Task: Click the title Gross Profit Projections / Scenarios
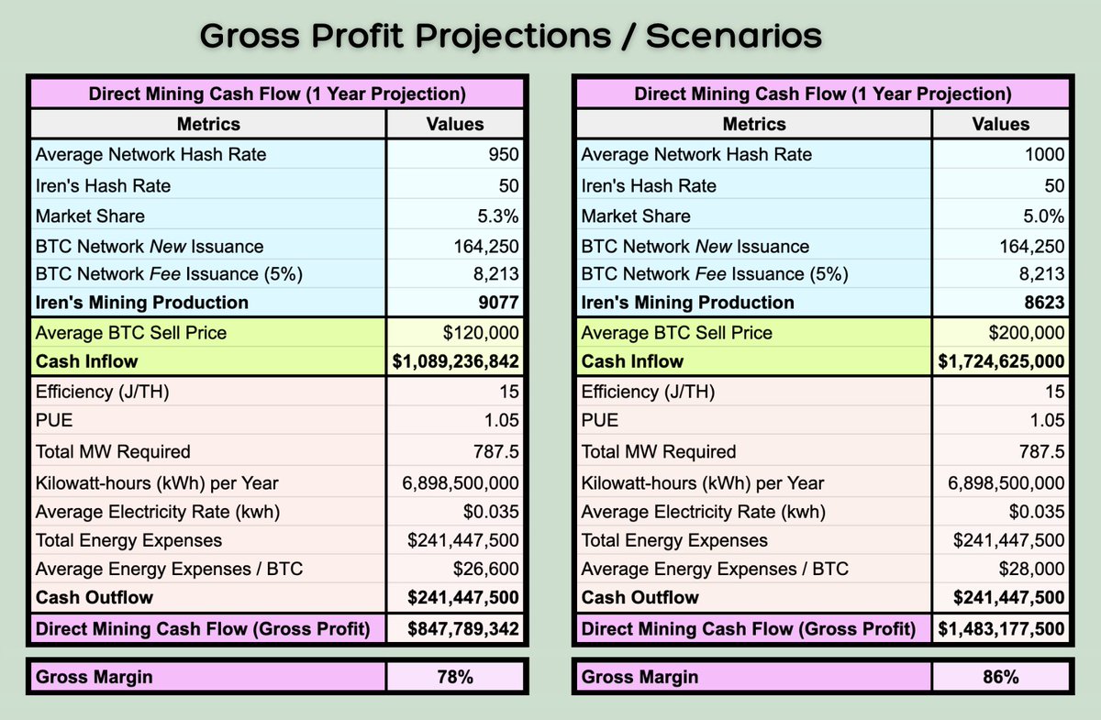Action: [510, 36]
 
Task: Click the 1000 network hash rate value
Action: [1046, 155]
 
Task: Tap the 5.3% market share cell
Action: [500, 216]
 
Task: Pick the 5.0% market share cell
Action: [1044, 216]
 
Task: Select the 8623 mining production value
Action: [1044, 303]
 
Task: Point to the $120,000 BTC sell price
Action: [483, 333]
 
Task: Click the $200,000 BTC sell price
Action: [1027, 333]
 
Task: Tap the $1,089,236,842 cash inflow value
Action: [456, 361]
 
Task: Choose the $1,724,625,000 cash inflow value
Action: [1001, 361]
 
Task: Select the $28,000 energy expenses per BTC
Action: [1032, 569]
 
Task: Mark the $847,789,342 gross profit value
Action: [463, 629]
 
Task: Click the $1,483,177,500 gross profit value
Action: [1001, 629]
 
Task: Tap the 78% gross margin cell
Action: [455, 678]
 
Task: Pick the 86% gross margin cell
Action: [1000, 678]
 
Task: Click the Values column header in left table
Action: [455, 124]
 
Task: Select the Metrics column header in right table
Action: [754, 124]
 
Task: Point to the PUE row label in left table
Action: [53, 421]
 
